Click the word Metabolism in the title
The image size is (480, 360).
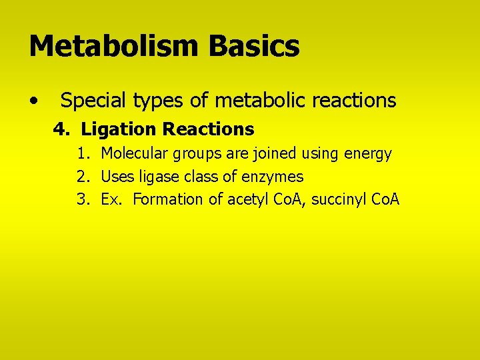(114, 47)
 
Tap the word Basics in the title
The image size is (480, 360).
(254, 47)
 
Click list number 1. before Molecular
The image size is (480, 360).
(83, 154)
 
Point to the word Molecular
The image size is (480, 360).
(135, 154)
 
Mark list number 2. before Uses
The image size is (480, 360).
(83, 177)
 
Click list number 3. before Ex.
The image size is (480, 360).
(83, 199)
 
